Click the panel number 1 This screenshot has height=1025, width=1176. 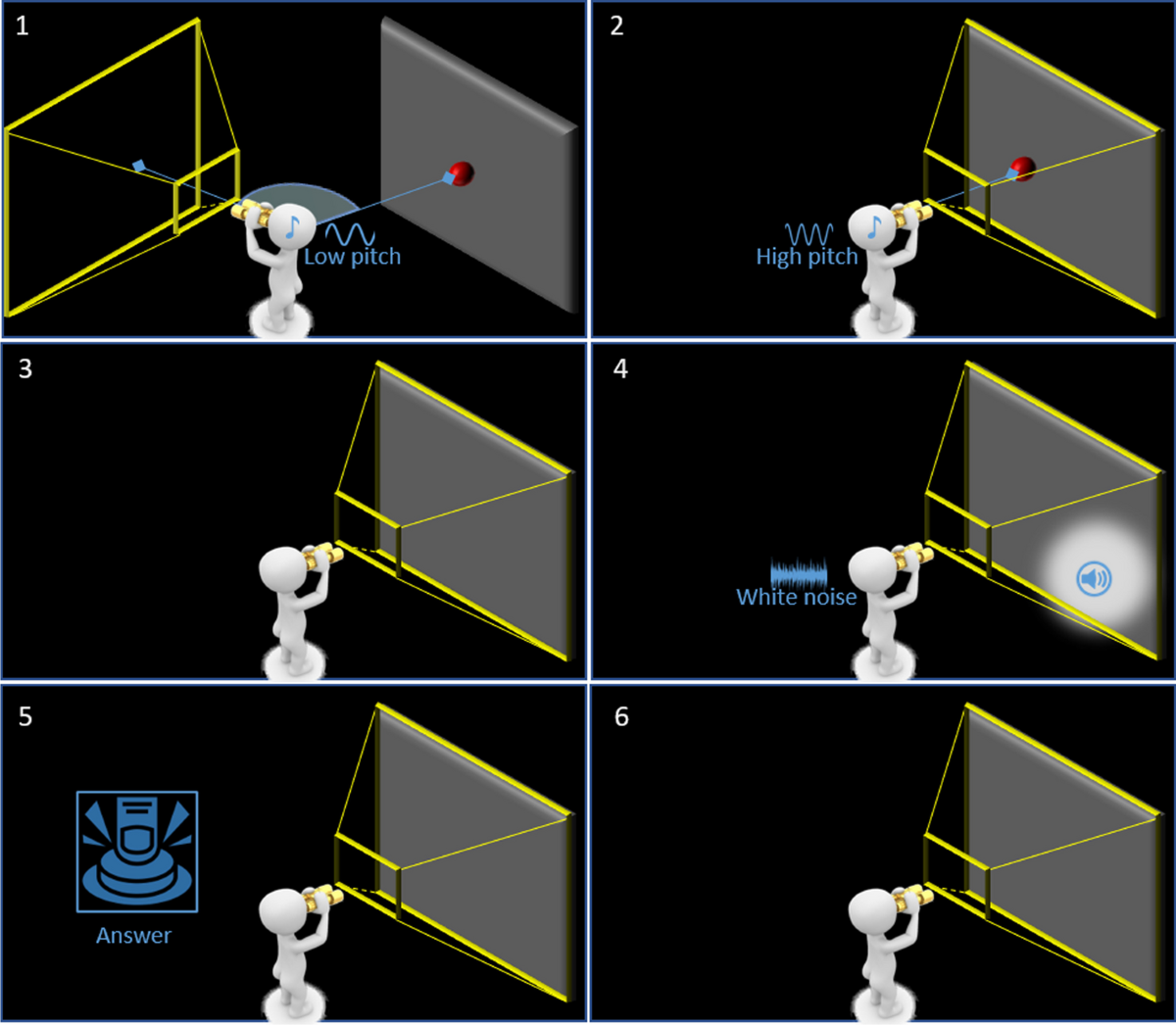pyautogui.click(x=23, y=25)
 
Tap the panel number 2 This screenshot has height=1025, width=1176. pyautogui.click(x=616, y=25)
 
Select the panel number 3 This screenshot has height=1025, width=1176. pyautogui.click(x=25, y=368)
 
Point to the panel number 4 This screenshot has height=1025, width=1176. pyautogui.click(x=620, y=368)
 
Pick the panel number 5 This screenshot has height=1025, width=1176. pyautogui.click(x=25, y=716)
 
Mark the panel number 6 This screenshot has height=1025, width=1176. pyautogui.click(x=621, y=716)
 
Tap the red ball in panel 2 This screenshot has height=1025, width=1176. pyautogui.click(x=1023, y=168)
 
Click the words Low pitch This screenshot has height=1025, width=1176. pyautogui.click(x=352, y=257)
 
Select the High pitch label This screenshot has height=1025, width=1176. pyautogui.click(x=807, y=257)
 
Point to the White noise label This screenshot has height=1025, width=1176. pyautogui.click(x=796, y=597)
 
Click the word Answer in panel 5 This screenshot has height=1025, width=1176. pyautogui.click(x=133, y=936)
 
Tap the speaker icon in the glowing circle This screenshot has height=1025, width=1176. pyautogui.click(x=1094, y=578)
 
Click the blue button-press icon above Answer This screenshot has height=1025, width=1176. pyautogui.click(x=137, y=852)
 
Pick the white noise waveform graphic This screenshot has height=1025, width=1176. pyautogui.click(x=799, y=572)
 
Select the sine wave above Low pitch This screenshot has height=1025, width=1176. pyautogui.click(x=350, y=234)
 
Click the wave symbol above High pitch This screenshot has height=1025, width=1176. pyautogui.click(x=809, y=234)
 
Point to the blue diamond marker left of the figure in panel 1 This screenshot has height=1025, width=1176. pyautogui.click(x=138, y=167)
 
